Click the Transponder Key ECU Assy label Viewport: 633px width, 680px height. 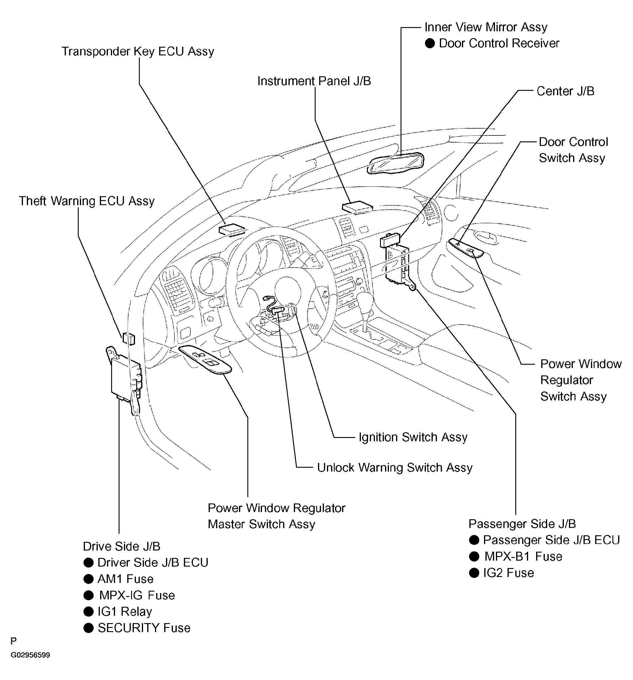[138, 51]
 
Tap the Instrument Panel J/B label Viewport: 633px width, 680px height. [314, 81]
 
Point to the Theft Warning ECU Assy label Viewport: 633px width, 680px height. [87, 201]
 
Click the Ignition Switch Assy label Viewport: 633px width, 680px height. [413, 437]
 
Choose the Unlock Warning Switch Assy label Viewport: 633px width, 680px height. [394, 468]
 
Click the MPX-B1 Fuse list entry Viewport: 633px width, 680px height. [523, 556]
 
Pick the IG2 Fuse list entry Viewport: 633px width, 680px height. [508, 573]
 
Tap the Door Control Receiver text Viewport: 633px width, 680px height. [499, 43]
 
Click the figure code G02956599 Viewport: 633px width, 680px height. [30, 655]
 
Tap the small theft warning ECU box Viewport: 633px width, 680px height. [129, 338]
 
